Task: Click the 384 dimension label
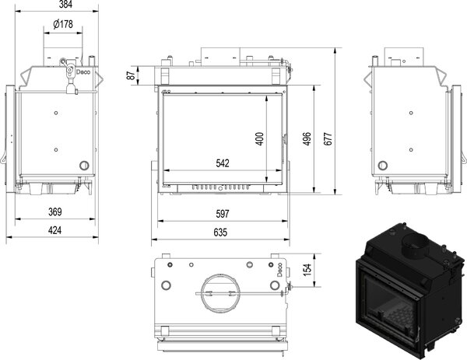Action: [x=65, y=4]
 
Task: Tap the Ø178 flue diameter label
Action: [x=63, y=24]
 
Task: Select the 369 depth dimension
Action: [x=55, y=211]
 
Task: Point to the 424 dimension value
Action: [x=54, y=230]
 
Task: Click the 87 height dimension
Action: [x=131, y=75]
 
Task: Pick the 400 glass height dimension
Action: [x=260, y=138]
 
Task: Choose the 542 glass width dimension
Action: [x=223, y=163]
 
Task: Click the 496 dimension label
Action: [x=307, y=138]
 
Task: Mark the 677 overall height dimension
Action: [x=328, y=138]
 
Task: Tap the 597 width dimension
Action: [x=223, y=214]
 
